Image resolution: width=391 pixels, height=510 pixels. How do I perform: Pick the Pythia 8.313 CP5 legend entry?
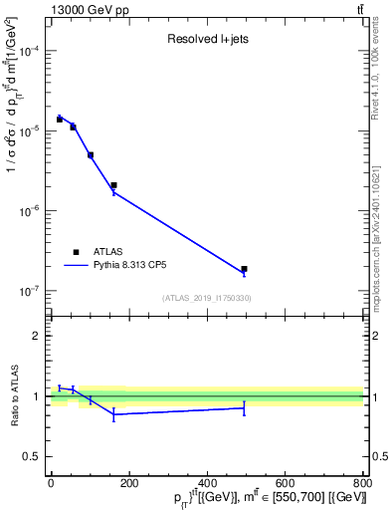[x=130, y=266]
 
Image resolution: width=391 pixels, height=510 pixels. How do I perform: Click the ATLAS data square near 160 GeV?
[x=113, y=185]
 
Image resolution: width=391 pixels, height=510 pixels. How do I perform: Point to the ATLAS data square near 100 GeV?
[x=91, y=155]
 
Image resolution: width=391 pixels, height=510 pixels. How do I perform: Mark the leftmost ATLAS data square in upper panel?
[x=60, y=120]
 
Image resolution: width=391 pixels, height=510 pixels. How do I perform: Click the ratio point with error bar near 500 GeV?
[x=244, y=408]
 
